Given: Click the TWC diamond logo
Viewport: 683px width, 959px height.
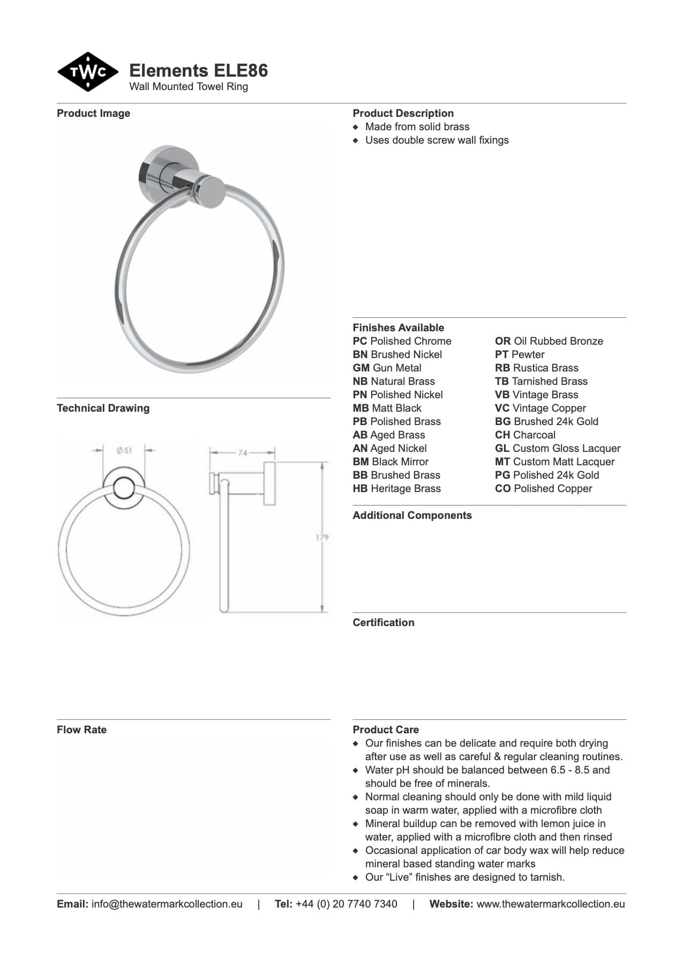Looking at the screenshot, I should (x=88, y=72).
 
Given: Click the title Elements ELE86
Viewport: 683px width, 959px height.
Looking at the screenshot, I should (x=198, y=71).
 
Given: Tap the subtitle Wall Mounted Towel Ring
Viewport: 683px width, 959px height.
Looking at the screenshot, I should (x=189, y=87).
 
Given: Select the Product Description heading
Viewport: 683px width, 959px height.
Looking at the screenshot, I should (x=403, y=113).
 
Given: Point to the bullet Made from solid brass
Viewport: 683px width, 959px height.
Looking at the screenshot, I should (x=417, y=127).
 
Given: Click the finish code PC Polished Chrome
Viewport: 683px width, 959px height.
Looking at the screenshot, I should (x=402, y=341).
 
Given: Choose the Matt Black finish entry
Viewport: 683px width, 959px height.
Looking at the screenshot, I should (x=387, y=408).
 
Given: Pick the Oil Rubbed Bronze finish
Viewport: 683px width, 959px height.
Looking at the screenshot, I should (x=549, y=341).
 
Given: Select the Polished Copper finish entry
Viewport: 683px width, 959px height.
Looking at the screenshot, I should (x=543, y=489).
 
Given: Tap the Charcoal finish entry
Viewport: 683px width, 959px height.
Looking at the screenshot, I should (x=525, y=435).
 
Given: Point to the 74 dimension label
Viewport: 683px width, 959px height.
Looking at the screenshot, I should (x=242, y=453).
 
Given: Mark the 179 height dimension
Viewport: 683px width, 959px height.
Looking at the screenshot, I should (x=322, y=537).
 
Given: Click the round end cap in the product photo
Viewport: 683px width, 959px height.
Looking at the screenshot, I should (x=210, y=192).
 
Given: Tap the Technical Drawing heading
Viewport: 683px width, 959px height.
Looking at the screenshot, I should (x=103, y=408).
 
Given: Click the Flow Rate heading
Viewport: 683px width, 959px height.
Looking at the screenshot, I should (x=81, y=730).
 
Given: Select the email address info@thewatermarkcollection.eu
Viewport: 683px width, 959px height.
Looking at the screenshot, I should (x=167, y=904).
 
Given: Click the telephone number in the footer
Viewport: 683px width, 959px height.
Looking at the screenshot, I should (x=346, y=904).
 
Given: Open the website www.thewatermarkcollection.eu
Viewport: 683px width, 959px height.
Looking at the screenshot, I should (x=550, y=904).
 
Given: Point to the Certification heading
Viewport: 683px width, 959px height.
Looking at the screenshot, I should (x=383, y=623).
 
